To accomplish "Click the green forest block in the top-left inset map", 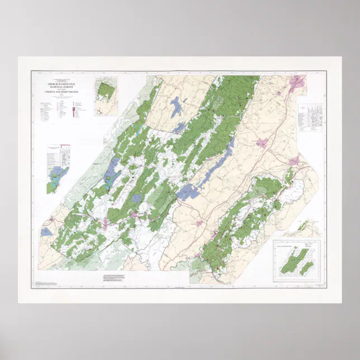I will pos(104,90).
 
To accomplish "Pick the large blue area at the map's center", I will pos(188,192).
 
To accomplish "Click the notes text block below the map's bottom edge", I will pos(115,277).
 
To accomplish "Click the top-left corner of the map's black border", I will pos(31,71).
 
